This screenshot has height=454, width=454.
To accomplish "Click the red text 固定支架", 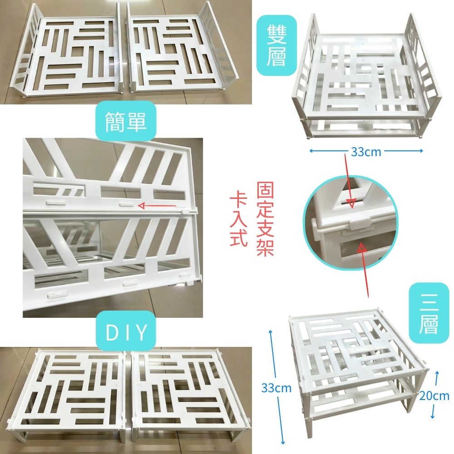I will pyautogui.click(x=265, y=219).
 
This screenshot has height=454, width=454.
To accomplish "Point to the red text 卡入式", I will pyautogui.click(x=238, y=219).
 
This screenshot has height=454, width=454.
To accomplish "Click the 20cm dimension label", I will pyautogui.click(x=434, y=395).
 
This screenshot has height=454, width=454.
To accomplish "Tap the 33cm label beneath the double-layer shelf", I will pyautogui.click(x=366, y=152).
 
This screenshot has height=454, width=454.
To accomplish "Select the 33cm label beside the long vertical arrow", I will pyautogui.click(x=276, y=388).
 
